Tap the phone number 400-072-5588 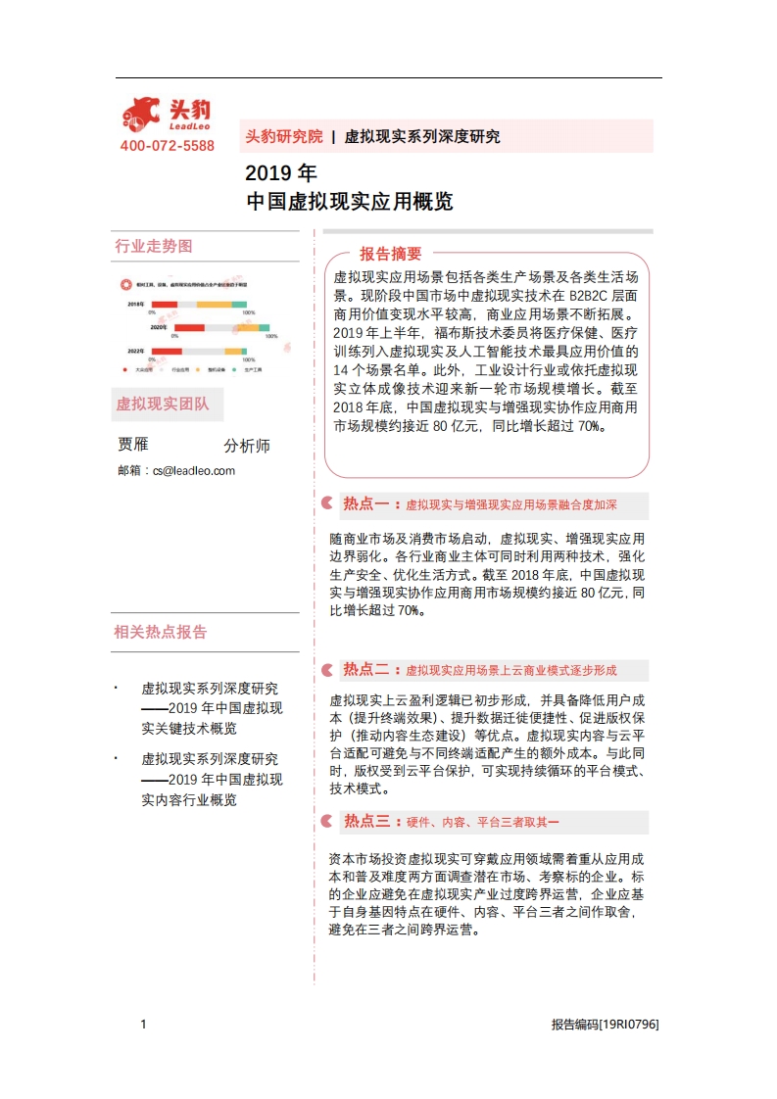167,146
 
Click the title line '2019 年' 280,173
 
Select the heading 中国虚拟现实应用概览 349,202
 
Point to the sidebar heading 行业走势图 154,246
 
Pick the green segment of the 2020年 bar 265,327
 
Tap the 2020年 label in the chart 160,327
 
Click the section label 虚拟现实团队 162,403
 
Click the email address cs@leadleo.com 194,470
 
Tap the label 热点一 366,504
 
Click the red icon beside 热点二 326,670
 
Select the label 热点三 366,821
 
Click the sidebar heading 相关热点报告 161,632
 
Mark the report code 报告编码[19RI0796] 605,1025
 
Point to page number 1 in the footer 143,1025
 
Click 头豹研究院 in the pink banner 283,136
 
